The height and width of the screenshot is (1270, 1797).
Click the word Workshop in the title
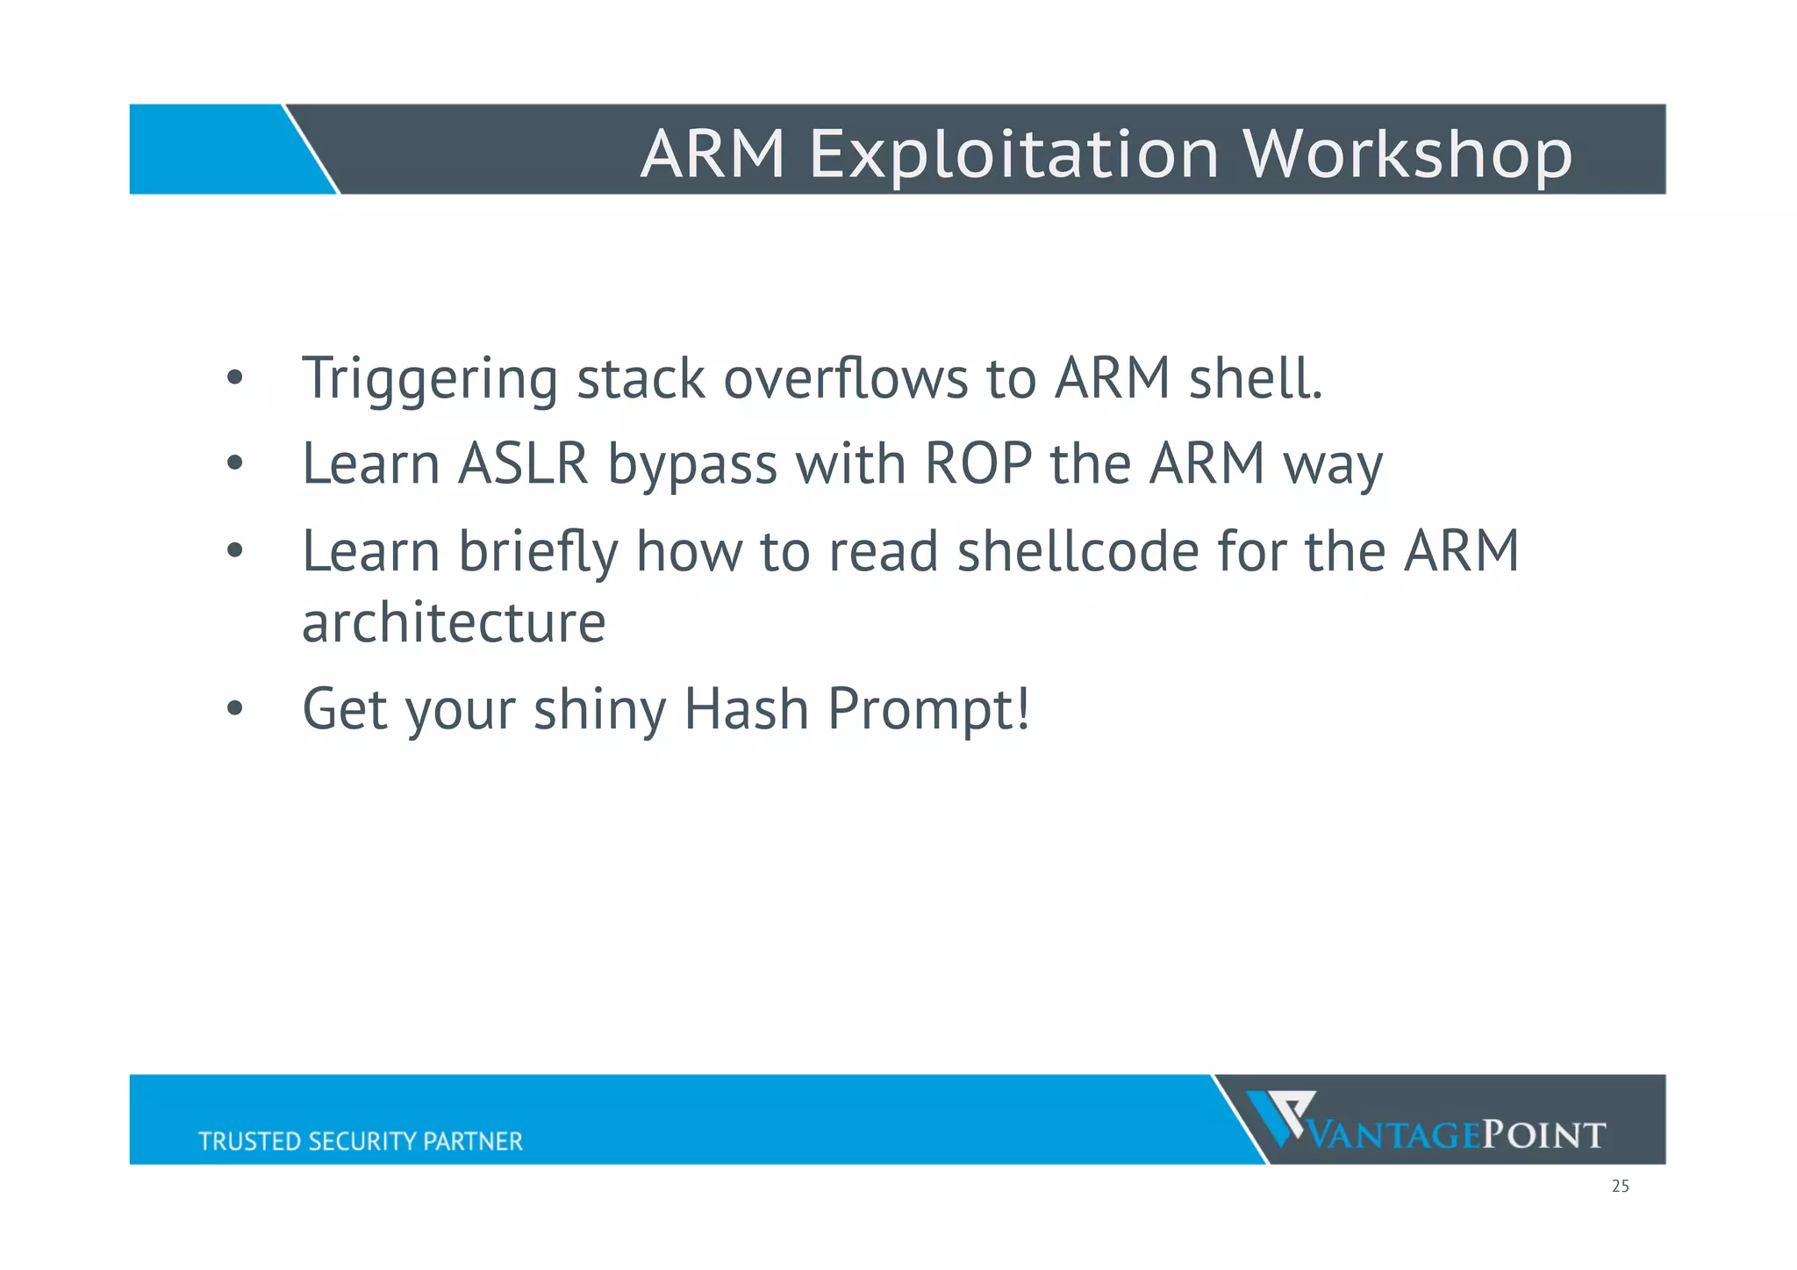click(x=1407, y=154)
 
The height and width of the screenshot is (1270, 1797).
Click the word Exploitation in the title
click(x=1013, y=154)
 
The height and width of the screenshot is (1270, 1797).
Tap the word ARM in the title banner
click(x=712, y=154)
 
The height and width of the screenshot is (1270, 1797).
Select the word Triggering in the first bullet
click(x=429, y=380)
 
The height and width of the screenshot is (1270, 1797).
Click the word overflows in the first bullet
click(x=845, y=378)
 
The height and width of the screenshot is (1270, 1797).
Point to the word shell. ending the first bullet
click(x=1255, y=378)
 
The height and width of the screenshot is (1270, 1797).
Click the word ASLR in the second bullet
click(x=523, y=463)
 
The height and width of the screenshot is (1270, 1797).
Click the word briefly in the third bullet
click(x=538, y=553)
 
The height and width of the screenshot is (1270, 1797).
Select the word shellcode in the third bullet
click(x=1077, y=551)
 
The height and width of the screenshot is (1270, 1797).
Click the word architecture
click(x=454, y=623)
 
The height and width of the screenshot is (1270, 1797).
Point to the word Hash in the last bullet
click(x=746, y=709)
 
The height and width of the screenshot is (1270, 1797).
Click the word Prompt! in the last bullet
click(x=928, y=711)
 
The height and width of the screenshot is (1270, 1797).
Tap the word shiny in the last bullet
click(x=599, y=711)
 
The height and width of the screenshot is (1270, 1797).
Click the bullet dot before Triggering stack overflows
click(x=233, y=378)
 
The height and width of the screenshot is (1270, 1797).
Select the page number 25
click(x=1620, y=1187)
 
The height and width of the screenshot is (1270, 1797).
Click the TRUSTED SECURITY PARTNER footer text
click(x=360, y=1141)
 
